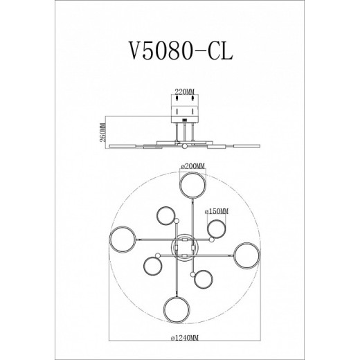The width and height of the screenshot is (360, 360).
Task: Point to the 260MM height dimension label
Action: [104, 130]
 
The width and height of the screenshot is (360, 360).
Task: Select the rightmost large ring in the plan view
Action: [245, 255]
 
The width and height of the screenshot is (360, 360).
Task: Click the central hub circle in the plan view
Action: [183, 247]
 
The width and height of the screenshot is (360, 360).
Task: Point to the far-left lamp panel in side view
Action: [123, 143]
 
